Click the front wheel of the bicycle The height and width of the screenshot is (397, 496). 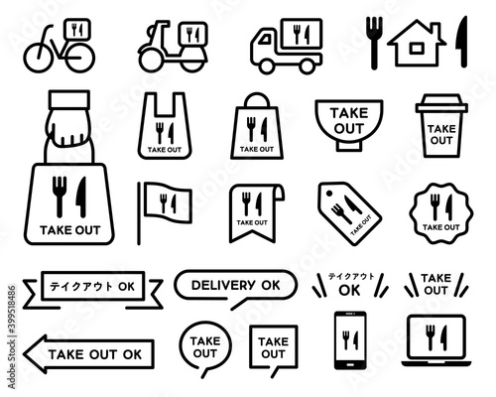point(38,58)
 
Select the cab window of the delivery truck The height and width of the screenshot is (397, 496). point(265,40)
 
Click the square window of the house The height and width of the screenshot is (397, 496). point(417,49)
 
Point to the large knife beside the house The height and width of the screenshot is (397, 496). point(462,42)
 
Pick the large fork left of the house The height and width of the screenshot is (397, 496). point(374,43)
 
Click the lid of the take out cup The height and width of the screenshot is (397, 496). point(441,104)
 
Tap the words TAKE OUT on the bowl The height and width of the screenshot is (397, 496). point(349,120)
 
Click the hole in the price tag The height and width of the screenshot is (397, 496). point(329,194)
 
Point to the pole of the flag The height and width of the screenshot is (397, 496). point(139,213)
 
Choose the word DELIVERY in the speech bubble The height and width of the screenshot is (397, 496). point(223,285)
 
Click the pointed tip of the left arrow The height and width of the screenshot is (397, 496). point(24,354)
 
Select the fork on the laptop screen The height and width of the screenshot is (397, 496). point(431,337)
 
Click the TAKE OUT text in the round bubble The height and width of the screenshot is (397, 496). point(205,347)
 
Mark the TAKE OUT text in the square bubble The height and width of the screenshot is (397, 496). point(273,347)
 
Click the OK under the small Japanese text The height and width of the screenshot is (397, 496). point(349,291)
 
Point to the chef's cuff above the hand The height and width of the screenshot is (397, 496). point(69,99)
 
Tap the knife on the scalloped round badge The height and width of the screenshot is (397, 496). point(448,207)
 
